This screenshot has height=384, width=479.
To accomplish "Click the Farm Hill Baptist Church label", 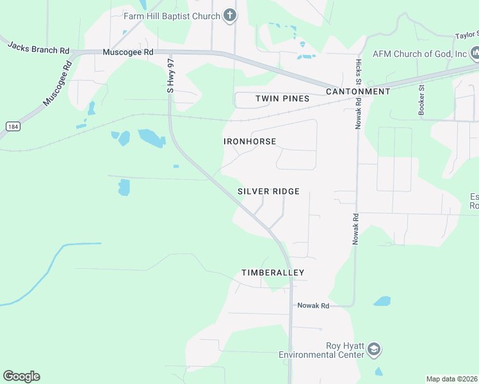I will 172,15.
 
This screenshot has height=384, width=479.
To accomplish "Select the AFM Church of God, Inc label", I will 420,53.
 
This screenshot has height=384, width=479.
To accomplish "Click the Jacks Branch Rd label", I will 38,48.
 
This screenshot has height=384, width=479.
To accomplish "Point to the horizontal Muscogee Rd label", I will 128,51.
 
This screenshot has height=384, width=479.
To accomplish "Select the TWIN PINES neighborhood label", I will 282,99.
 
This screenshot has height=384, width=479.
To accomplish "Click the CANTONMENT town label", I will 358,92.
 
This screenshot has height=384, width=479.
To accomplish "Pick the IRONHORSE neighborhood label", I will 250,141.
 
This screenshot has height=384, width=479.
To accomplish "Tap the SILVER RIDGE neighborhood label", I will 269,191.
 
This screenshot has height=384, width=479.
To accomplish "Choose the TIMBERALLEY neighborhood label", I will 273,273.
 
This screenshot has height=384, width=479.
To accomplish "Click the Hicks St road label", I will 359,73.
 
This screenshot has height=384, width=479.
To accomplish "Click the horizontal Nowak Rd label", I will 313,306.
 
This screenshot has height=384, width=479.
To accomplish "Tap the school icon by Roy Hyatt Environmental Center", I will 374,350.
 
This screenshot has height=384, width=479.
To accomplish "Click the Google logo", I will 21,376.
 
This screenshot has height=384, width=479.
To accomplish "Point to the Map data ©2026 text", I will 452,379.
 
